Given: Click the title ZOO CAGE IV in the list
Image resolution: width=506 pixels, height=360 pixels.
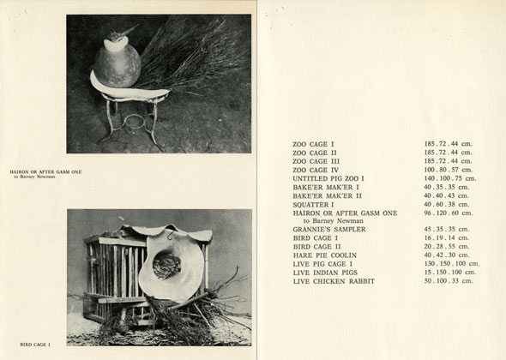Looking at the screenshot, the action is pos(316,170).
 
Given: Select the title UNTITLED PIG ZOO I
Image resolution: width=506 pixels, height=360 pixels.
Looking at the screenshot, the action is pos(328,178).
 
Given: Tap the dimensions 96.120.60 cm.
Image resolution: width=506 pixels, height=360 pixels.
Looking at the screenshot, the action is pos(449,213).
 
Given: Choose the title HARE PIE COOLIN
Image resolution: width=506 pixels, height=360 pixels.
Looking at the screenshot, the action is pos(325,255).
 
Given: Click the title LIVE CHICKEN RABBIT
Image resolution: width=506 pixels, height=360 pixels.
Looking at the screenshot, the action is pos(334,281).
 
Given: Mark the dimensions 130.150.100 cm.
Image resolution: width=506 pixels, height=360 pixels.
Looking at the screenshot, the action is pos(452,263).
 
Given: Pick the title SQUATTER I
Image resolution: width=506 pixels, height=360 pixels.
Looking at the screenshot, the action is pos(313,205).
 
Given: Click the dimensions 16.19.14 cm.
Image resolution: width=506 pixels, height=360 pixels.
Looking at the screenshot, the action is pos(446,237).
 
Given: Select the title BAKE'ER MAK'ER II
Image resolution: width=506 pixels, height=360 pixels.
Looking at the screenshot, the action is pos(328,195).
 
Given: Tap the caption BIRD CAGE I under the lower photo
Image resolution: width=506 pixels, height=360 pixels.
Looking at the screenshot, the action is pos(35,345).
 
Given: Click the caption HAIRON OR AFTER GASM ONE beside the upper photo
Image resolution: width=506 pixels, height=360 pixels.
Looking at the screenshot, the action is pos(45,172).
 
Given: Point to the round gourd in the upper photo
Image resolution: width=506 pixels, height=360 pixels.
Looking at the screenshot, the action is pos(117,66).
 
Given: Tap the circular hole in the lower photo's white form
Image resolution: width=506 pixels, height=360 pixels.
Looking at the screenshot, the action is pos(166,266).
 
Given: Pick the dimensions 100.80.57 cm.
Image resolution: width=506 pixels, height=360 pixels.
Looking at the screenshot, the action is pos(449,170).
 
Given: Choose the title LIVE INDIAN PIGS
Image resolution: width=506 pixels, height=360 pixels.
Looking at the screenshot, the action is pos(325,273).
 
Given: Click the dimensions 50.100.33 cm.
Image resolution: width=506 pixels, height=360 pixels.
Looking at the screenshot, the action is pos(449,280).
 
